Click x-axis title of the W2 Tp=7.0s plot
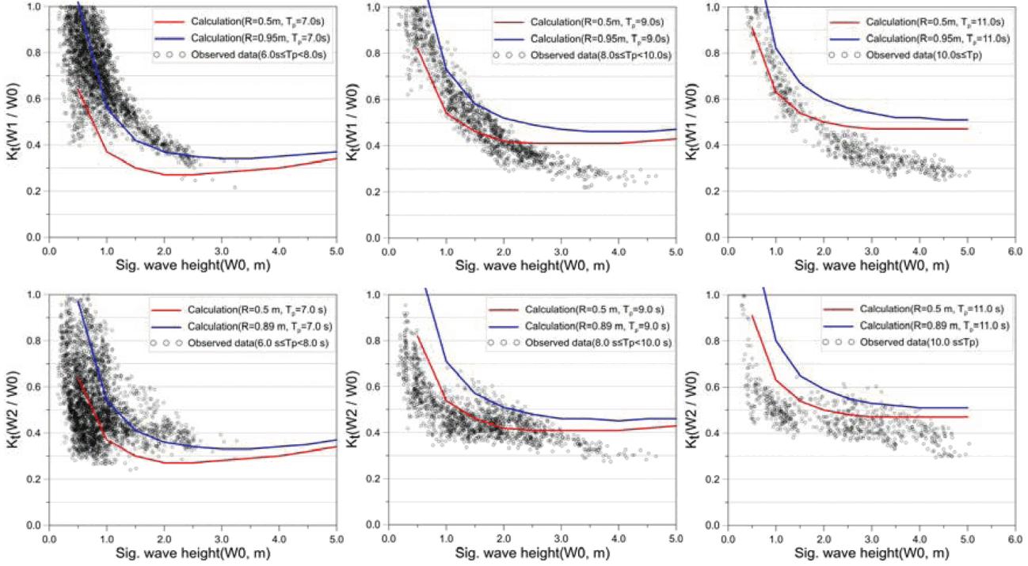tap(192, 555)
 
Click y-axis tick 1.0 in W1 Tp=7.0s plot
tap(36, 7)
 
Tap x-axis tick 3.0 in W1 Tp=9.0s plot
tap(561, 252)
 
